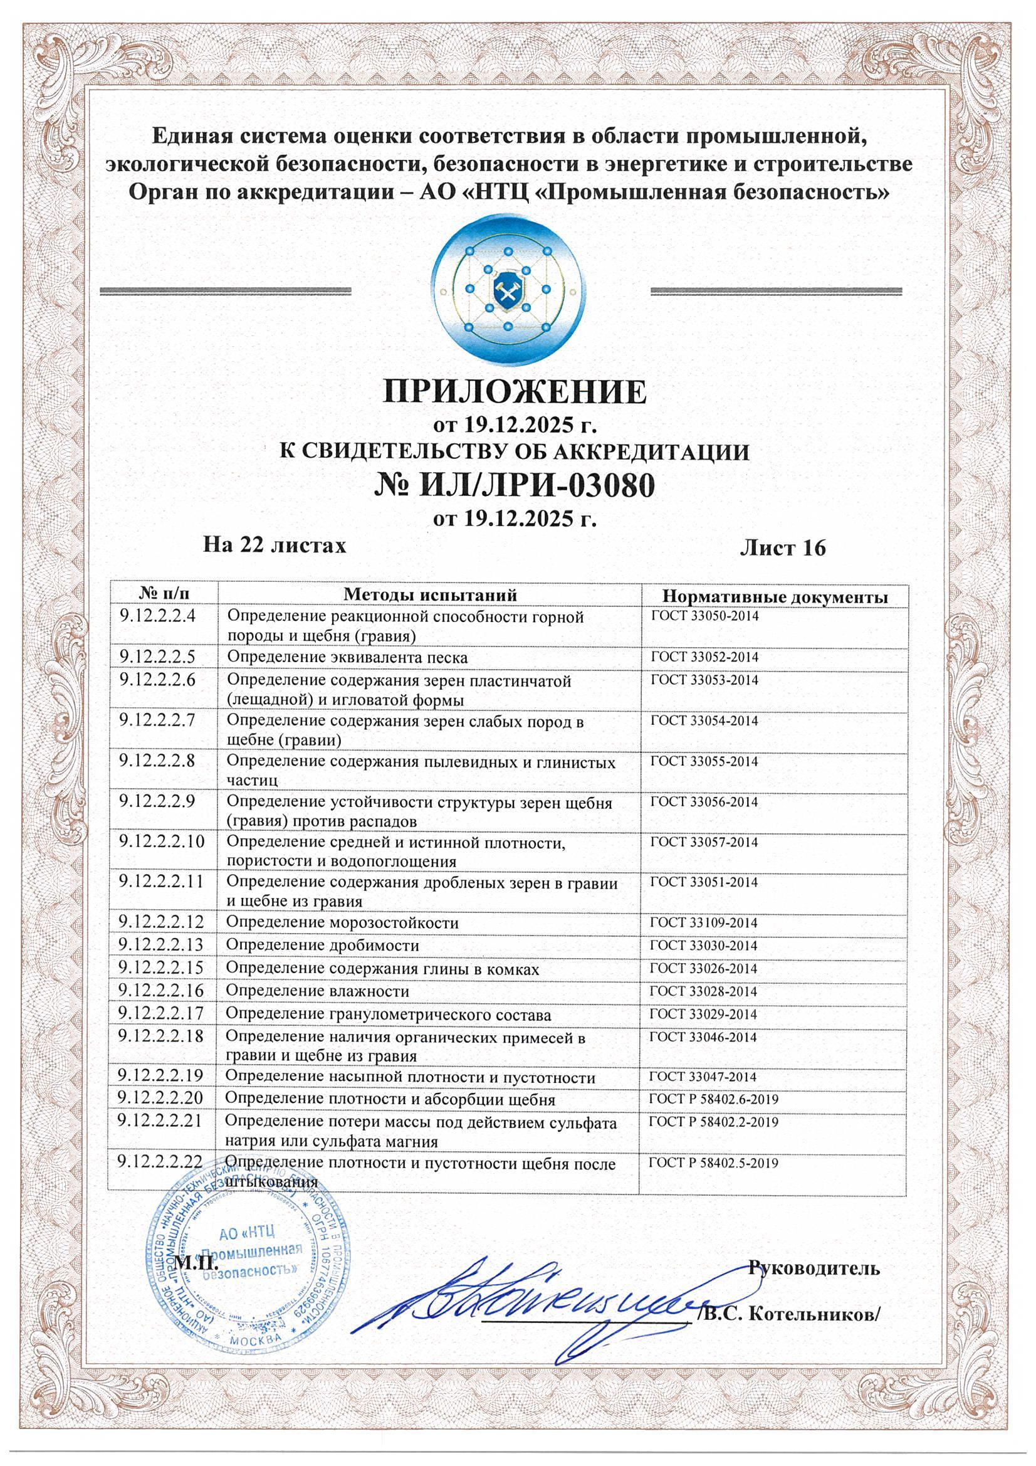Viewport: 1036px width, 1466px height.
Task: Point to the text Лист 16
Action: point(783,547)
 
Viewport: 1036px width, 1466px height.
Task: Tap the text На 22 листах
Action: point(275,545)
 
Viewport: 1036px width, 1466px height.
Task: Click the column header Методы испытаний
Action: point(429,594)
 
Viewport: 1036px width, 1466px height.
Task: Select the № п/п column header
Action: point(164,594)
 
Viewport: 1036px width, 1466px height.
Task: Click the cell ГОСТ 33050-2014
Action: point(704,617)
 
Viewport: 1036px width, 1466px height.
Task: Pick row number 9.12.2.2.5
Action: point(158,657)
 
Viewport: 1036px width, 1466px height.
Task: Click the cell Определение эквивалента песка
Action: point(347,658)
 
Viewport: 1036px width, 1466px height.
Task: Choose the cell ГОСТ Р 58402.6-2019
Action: point(714,1100)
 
